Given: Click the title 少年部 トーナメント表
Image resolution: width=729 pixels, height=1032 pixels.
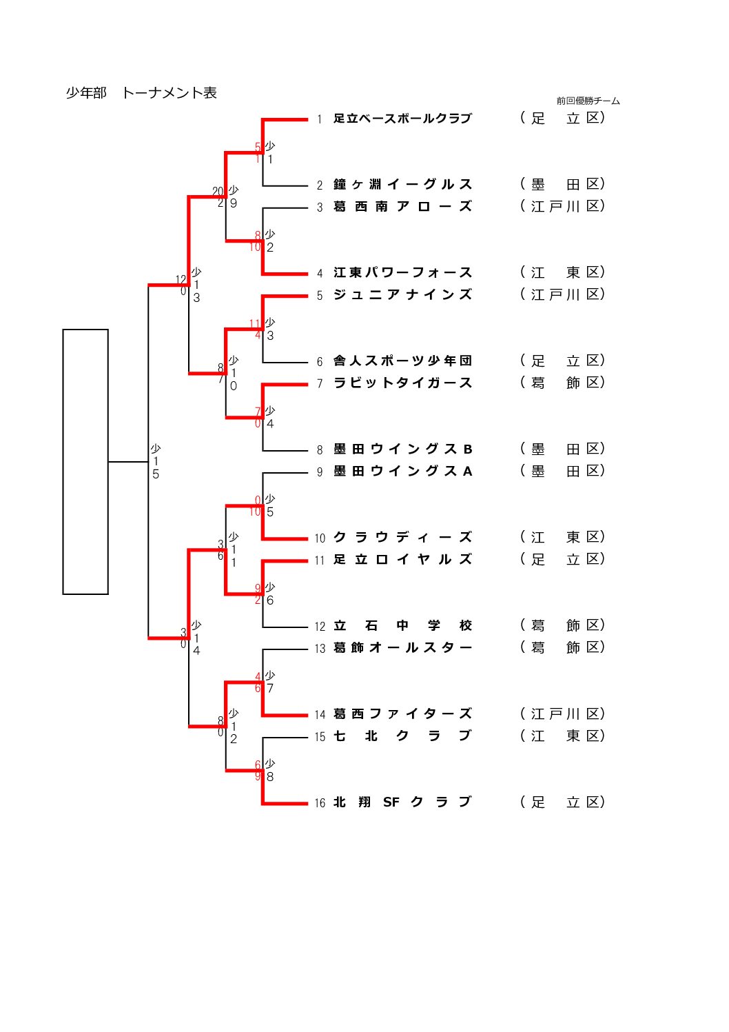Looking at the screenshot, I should click(x=141, y=93).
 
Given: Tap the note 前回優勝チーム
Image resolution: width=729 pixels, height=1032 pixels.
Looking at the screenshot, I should click(x=588, y=101).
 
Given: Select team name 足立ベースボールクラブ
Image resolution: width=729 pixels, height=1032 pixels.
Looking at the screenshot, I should click(x=402, y=119).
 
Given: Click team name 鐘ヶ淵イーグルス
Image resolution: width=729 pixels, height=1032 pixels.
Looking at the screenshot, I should click(x=402, y=185).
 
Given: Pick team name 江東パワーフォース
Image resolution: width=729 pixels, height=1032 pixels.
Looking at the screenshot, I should click(x=402, y=273).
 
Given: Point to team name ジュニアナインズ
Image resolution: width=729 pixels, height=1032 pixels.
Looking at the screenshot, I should click(x=402, y=295).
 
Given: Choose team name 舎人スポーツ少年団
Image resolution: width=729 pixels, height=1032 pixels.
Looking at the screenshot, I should click(x=402, y=361).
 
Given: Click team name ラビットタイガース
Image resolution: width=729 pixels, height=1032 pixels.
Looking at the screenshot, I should click(x=402, y=383).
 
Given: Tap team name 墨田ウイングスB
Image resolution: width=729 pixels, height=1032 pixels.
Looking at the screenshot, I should click(x=402, y=449).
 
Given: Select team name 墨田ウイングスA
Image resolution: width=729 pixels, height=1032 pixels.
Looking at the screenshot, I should click(x=402, y=472).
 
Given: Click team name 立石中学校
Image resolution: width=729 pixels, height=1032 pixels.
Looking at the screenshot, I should click(x=402, y=626).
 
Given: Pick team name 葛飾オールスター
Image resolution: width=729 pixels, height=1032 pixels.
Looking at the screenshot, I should click(x=402, y=648).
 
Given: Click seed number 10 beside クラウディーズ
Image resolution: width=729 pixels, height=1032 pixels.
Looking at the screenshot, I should click(x=320, y=538).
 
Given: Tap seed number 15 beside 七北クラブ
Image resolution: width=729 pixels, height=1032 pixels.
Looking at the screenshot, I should click(x=320, y=737).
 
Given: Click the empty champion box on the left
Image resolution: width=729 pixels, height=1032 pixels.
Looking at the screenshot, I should click(x=85, y=461).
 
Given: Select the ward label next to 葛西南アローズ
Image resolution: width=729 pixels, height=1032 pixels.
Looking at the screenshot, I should click(x=562, y=206).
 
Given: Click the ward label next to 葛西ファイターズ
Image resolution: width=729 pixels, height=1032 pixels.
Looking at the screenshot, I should click(x=562, y=714).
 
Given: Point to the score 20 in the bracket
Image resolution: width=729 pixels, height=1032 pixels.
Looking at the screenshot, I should click(x=218, y=192).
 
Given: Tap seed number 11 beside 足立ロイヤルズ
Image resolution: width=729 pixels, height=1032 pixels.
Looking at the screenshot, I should click(x=320, y=560).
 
